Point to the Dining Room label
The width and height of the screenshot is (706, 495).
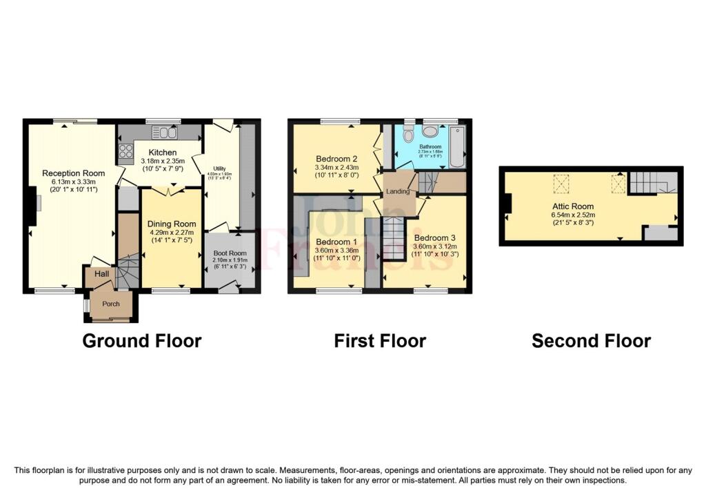coord(172,224)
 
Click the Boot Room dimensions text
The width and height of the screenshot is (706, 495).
coord(230,264)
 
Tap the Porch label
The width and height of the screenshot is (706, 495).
coord(110,304)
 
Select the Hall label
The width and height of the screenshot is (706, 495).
coord(101,274)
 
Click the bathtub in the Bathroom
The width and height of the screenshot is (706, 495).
coord(456,146)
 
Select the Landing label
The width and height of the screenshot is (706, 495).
coord(398,191)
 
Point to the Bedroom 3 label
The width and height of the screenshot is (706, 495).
coord(436,237)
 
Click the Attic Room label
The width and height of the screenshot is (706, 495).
coord(572,206)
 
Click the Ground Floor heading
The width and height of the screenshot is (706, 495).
coord(141,340)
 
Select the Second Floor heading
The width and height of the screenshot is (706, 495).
coord(591,340)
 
